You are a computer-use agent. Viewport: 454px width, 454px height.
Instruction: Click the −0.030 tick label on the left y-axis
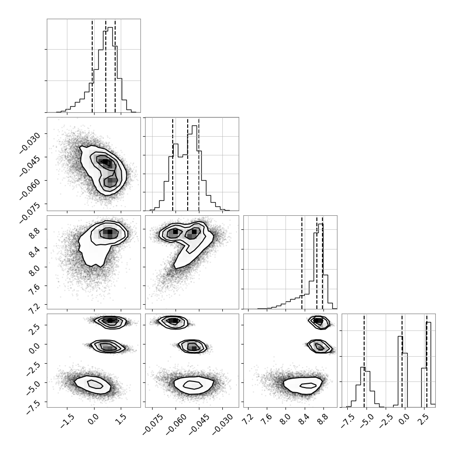coord(30,143)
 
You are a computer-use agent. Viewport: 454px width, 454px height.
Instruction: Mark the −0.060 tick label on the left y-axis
coord(30,190)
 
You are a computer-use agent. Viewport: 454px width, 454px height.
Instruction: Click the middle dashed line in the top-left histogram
coord(106,66)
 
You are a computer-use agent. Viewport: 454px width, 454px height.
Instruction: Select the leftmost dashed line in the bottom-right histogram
coord(364,360)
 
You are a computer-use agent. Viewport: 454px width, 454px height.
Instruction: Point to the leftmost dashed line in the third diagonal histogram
coord(302,262)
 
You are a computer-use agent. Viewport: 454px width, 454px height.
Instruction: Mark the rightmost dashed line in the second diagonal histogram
coord(199,164)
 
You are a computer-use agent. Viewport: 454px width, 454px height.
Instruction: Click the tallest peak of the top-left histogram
coord(110,28)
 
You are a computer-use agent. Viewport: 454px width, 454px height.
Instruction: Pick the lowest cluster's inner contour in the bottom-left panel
coord(95,384)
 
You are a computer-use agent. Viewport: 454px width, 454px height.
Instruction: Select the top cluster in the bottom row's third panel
coord(319,322)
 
